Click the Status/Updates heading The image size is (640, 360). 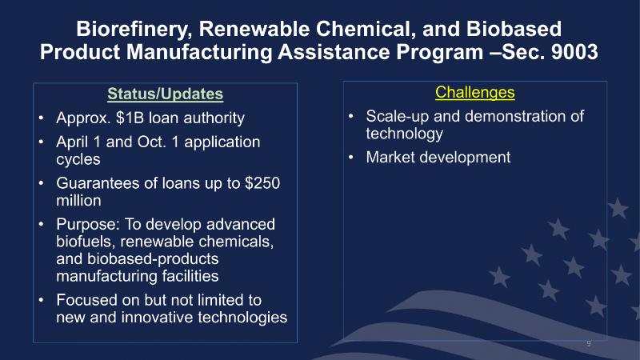click(x=166, y=94)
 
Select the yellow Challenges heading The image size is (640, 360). click(x=474, y=93)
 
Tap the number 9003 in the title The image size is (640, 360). click(x=574, y=52)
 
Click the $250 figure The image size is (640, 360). click(x=262, y=183)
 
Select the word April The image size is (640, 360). click(x=72, y=142)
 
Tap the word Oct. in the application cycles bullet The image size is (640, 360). click(x=152, y=142)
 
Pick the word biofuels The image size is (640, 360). click(x=86, y=242)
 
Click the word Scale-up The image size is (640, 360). click(x=397, y=117)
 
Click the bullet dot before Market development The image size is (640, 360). click(x=351, y=157)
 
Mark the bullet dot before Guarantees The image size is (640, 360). click(x=42, y=183)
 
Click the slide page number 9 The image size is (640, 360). click(x=589, y=343)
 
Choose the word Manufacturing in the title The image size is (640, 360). click(x=198, y=53)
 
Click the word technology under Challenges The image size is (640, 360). click(x=404, y=134)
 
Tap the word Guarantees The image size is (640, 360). click(x=97, y=183)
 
